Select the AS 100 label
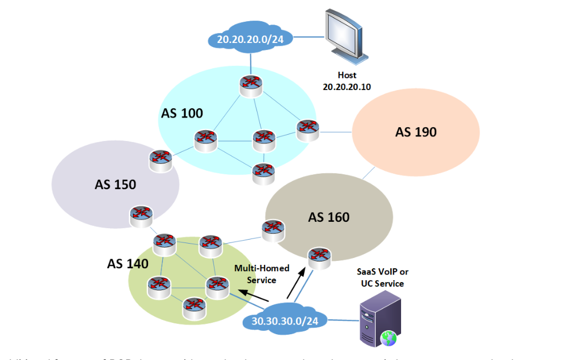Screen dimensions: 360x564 [x=182, y=113]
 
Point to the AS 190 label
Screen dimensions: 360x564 [x=416, y=132]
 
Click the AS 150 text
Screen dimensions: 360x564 [x=115, y=185]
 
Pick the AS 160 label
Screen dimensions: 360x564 [x=329, y=217]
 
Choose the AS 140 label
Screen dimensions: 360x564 [x=128, y=264]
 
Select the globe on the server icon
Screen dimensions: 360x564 [x=390, y=339]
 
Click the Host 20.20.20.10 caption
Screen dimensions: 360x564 [x=347, y=80]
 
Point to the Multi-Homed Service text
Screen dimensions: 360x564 [x=261, y=274]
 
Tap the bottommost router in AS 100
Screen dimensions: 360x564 [x=262, y=172]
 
